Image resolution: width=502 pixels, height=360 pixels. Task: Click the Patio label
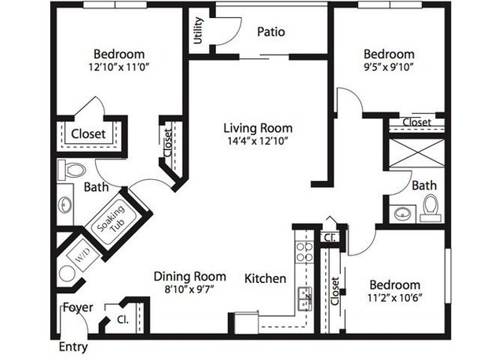point(271,31)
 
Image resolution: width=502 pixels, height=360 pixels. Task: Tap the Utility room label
point(199,31)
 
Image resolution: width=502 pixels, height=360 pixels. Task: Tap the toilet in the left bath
point(71,170)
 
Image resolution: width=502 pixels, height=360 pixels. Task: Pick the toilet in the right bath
point(431,208)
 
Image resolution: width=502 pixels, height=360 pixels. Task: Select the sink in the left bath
point(65,204)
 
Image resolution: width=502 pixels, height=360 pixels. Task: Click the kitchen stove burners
point(304,252)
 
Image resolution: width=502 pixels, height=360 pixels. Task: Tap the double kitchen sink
point(305,299)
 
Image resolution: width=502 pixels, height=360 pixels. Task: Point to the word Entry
point(73,347)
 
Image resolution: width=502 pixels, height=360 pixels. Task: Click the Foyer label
point(78,307)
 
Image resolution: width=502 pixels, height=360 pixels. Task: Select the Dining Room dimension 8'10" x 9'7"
point(189,289)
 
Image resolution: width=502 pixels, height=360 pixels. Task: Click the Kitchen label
point(265,278)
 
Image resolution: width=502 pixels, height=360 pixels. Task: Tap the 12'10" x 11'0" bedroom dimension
point(119,67)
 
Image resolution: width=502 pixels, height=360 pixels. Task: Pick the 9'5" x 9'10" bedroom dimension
point(389,68)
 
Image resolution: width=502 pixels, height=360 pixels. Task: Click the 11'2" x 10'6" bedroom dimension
point(394,298)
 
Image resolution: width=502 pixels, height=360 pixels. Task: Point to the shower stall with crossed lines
point(416,153)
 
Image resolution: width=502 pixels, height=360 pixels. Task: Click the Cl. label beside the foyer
point(123,319)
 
